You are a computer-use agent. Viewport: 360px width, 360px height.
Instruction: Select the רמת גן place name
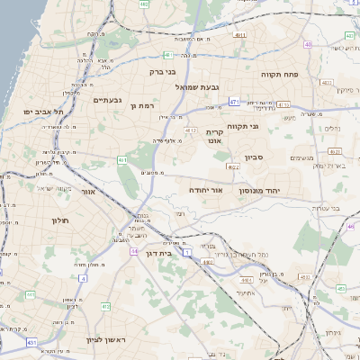tap(145, 105)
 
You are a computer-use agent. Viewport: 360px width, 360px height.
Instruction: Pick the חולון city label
tap(60, 220)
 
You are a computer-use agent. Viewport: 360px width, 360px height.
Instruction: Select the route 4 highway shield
tap(83, 278)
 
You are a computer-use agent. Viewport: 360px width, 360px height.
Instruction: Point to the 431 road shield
tap(31, 343)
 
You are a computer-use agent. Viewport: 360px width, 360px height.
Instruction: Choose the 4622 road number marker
tap(234, 166)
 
